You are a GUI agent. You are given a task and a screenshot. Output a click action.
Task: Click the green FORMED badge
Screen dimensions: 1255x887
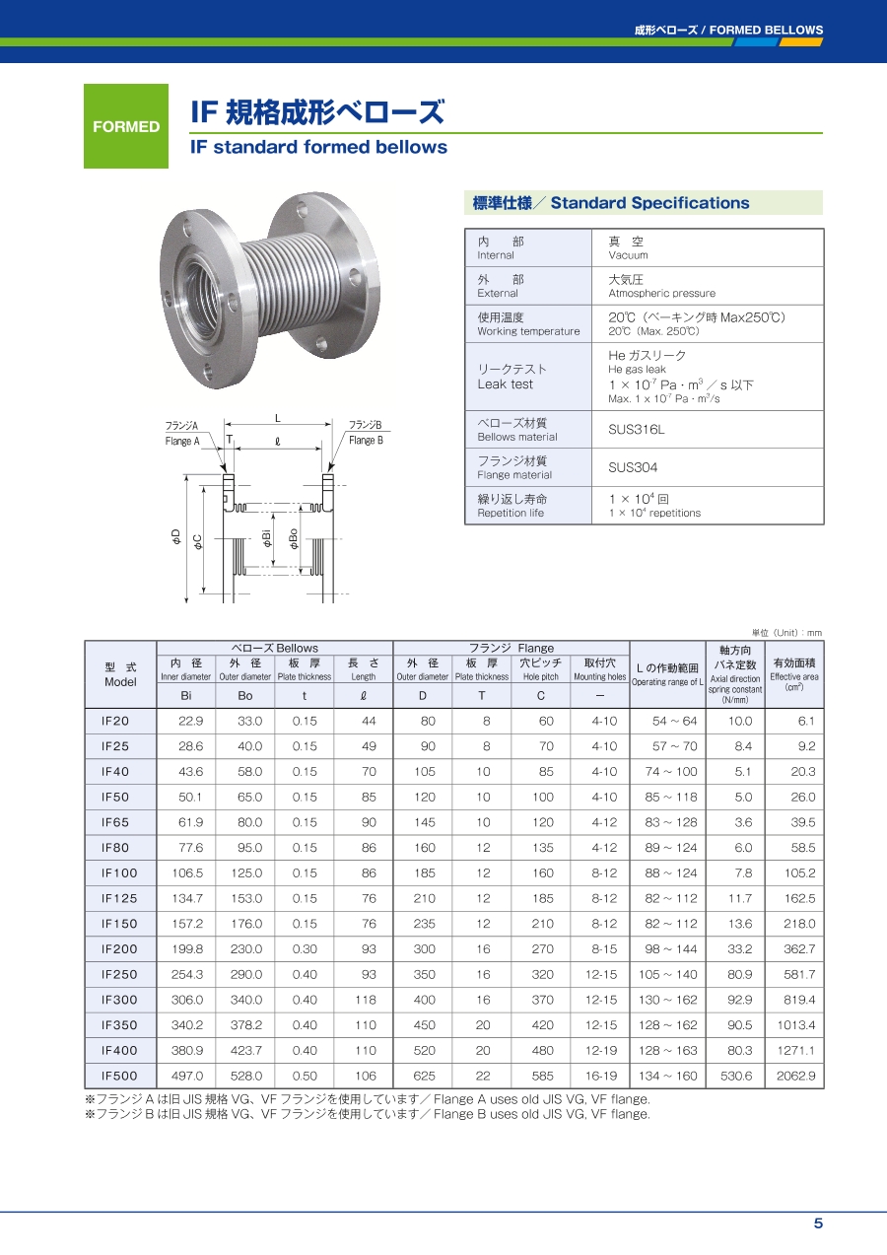pos(125,126)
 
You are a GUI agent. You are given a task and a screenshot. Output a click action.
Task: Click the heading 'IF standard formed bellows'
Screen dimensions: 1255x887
pos(318,148)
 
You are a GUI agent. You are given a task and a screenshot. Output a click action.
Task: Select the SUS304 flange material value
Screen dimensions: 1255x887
pos(633,467)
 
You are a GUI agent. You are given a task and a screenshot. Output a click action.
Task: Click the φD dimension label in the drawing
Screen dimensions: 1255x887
pos(175,536)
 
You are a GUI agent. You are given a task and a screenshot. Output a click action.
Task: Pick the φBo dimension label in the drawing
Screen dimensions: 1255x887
pos(293,538)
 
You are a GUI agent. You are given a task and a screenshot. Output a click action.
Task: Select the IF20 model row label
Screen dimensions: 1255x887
pos(115,721)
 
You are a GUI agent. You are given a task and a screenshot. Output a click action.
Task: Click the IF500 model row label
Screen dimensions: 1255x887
pos(119,1076)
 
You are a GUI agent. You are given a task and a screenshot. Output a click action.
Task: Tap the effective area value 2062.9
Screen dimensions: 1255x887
pos(795,1076)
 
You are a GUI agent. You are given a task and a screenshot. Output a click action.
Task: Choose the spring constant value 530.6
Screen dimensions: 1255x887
pos(736,1076)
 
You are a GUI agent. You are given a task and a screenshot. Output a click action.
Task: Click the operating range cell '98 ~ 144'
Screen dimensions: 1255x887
pos(669,948)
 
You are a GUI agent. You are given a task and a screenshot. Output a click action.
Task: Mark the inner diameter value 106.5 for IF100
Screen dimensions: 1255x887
pos(187,872)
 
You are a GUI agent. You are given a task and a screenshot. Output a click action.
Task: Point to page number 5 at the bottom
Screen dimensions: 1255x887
pos(817,1223)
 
